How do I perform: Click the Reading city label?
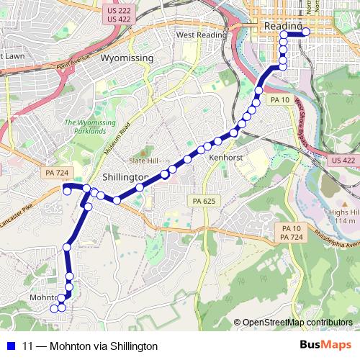pos(279,25)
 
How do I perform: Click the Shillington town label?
pos(125,177)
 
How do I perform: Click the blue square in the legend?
pos(11,346)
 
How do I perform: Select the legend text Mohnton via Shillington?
pos(90,346)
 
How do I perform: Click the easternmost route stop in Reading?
pos(306,32)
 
